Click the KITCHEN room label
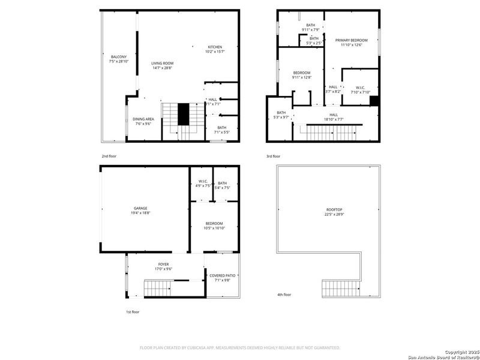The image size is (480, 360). (215, 47)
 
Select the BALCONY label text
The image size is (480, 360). (118, 56)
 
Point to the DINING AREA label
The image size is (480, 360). (143, 119)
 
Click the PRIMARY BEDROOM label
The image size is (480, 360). (351, 40)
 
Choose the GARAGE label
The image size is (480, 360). (140, 208)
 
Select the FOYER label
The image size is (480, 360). (163, 264)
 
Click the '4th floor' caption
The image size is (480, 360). (284, 295)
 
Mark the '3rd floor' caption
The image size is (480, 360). (273, 156)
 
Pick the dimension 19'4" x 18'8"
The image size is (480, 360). (140, 213)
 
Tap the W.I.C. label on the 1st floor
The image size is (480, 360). (203, 183)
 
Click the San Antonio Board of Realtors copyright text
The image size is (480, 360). (443, 357)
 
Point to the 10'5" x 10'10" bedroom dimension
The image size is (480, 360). (214, 228)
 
